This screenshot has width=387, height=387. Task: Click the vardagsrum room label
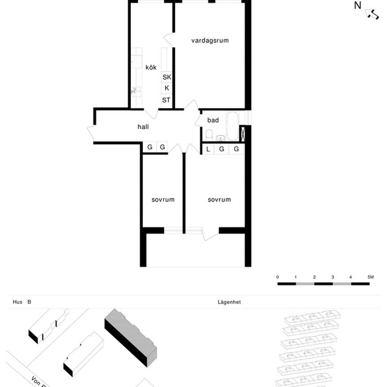(x=210, y=41)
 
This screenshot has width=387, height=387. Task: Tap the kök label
(x=151, y=68)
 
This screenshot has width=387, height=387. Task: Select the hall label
(x=143, y=127)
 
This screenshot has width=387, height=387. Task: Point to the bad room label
(x=213, y=120)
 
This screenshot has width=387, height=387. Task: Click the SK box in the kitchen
(x=167, y=77)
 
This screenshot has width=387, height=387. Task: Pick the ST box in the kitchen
(x=166, y=100)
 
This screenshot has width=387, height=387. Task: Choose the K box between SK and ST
(x=167, y=88)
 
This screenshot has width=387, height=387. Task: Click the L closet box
(x=208, y=149)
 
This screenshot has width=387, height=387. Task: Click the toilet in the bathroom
(x=209, y=134)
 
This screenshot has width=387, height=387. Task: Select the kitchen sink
(x=136, y=91)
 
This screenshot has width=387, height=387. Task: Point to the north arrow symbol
(x=373, y=14)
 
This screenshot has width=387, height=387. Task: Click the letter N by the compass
(x=357, y=6)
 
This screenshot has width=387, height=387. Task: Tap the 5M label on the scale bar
(x=370, y=277)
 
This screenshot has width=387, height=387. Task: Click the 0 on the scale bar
(x=278, y=277)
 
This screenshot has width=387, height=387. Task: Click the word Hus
(x=17, y=302)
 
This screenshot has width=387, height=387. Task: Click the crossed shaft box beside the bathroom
(x=243, y=133)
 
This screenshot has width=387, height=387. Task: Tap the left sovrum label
(x=163, y=200)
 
